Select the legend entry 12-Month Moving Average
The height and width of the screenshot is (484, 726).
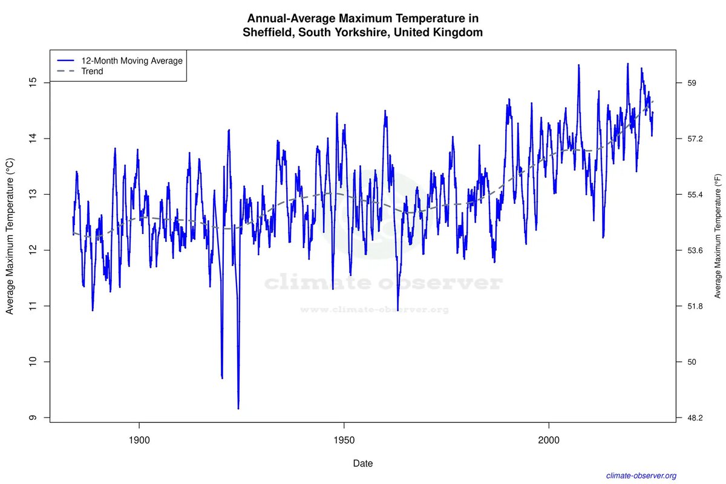[132, 60]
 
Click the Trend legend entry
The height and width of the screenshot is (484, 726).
[92, 71]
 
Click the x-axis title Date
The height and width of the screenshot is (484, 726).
[363, 464]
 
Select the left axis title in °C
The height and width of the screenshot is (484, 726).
[10, 237]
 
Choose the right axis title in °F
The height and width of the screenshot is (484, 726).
[718, 237]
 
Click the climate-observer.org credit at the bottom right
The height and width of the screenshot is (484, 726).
[641, 476]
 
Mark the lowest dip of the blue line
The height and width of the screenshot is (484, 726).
[238, 408]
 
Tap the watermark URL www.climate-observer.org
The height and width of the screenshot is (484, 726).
[374, 310]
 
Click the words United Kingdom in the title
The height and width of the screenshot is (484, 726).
[438, 33]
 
